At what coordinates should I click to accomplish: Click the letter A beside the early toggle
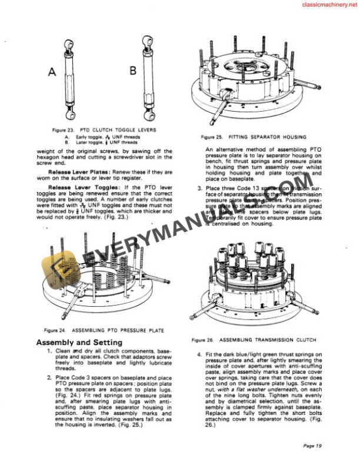pos(52,72)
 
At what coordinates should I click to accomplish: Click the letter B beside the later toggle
pos(132,71)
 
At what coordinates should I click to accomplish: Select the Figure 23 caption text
pos(104,129)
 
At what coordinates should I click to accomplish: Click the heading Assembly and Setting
pos(79,342)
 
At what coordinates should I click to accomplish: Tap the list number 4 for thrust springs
pos(200,354)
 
